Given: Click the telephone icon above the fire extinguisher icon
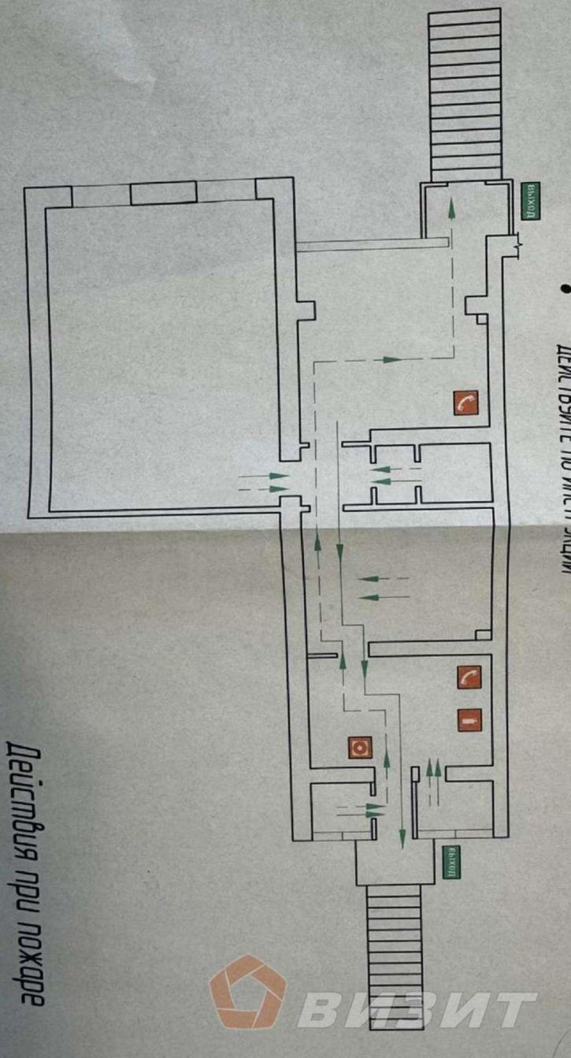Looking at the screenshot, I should click(469, 677).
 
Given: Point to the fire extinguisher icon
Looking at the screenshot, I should click(469, 720).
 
